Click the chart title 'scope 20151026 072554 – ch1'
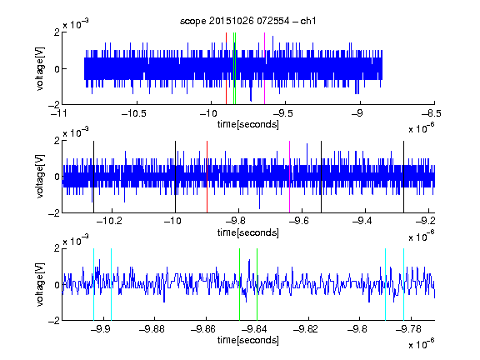248,21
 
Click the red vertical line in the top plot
226,68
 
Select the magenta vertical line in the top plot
264,68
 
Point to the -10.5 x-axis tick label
134,113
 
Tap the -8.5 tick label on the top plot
431,113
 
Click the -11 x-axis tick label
59,113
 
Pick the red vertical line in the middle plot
207,177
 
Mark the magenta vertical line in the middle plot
290,177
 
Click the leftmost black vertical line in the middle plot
93,177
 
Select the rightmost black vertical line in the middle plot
404,177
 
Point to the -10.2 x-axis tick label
109,221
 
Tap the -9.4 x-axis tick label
362,221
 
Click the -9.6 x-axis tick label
299,221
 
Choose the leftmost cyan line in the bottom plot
93,284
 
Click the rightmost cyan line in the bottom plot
404,284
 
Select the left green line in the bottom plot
240,284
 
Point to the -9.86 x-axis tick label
203,329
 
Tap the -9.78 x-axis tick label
408,329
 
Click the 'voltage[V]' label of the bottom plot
40,285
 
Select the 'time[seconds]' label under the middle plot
248,232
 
